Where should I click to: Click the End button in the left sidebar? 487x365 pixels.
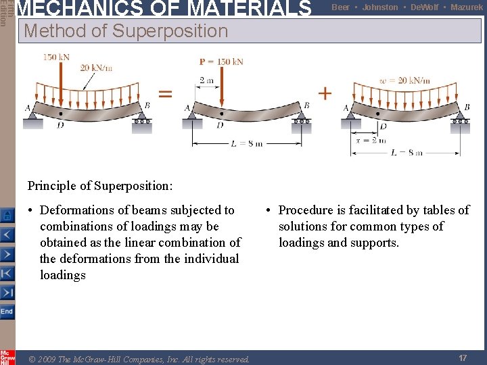pos(7,312)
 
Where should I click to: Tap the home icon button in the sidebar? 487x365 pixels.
pos(7,216)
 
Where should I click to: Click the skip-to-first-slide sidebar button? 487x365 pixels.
pos(7,273)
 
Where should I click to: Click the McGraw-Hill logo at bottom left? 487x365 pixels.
pos(7,357)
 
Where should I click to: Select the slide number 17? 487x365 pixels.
pos(463,358)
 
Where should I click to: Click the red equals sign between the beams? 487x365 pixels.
pos(165,94)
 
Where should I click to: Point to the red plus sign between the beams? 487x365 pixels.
pos(325,93)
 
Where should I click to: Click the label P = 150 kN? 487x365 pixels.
pos(221,62)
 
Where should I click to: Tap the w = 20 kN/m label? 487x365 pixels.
pos(404,80)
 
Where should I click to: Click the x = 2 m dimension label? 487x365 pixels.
pos(371,141)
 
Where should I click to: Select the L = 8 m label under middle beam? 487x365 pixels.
pos(246,143)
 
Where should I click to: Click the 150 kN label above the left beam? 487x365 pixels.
pos(56,57)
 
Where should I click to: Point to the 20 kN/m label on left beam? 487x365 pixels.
pos(96,67)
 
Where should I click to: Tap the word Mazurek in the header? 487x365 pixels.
pos(467,7)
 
